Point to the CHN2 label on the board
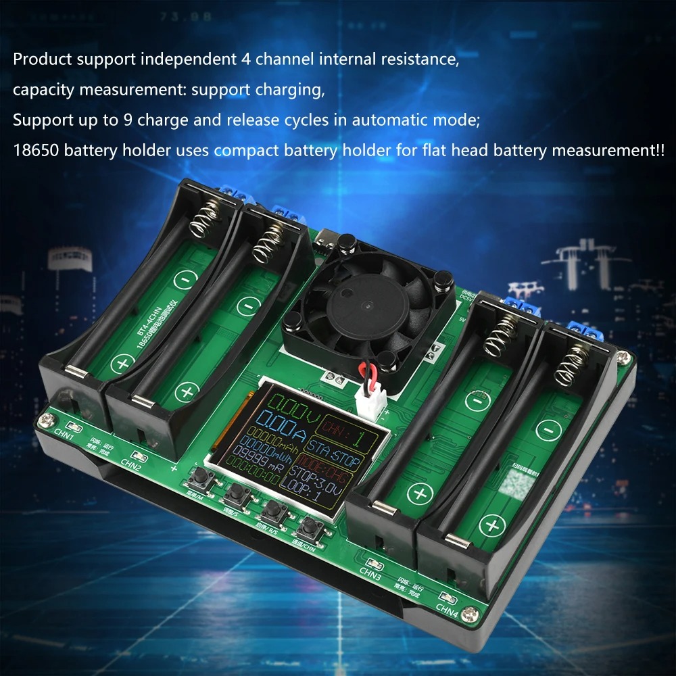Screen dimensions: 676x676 coord(130,463)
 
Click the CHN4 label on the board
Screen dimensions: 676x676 coord(448,607)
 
